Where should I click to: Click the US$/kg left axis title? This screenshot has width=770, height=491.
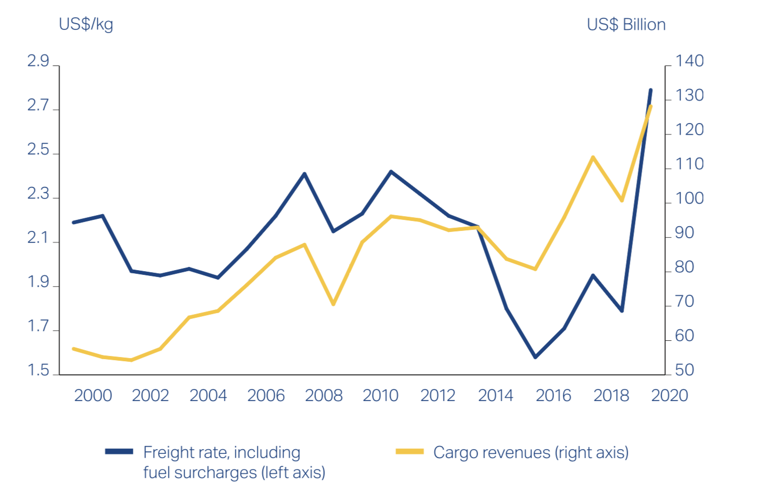86,25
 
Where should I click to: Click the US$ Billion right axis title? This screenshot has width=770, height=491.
626,25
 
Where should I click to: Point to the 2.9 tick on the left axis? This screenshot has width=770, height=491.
38,61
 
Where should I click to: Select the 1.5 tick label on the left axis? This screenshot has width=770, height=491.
38,371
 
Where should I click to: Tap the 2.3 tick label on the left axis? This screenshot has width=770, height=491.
38,194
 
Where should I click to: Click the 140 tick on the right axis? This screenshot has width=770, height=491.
689,61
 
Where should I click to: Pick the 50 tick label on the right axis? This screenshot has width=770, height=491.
684,370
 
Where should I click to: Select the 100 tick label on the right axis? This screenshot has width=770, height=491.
689,198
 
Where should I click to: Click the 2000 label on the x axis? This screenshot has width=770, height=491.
93,395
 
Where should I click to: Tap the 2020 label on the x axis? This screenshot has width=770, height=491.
669,395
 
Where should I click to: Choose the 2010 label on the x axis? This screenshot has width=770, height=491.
381,395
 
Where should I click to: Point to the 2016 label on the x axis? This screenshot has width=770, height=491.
553,395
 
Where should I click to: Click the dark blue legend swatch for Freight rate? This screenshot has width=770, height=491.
119,452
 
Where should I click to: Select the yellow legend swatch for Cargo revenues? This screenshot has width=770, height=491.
410,452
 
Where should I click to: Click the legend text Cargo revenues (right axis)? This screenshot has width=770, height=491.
531,452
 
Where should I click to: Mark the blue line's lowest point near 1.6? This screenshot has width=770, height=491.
535,357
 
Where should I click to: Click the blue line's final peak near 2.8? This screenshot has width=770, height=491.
651,90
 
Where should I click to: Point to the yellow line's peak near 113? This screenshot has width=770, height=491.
593,157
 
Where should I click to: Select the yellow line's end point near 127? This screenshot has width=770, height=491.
651,106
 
